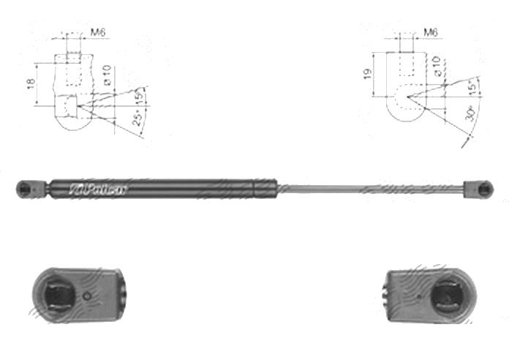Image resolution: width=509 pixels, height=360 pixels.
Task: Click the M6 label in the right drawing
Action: click(x=431, y=33)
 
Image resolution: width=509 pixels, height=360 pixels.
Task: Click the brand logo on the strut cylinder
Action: click(x=99, y=189)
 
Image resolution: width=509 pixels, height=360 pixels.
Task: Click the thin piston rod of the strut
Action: click(x=366, y=189)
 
